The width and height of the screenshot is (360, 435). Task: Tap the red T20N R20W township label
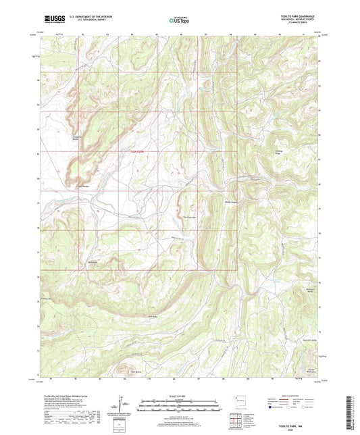click(138, 151)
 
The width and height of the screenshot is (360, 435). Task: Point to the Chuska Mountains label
click(311, 369)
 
